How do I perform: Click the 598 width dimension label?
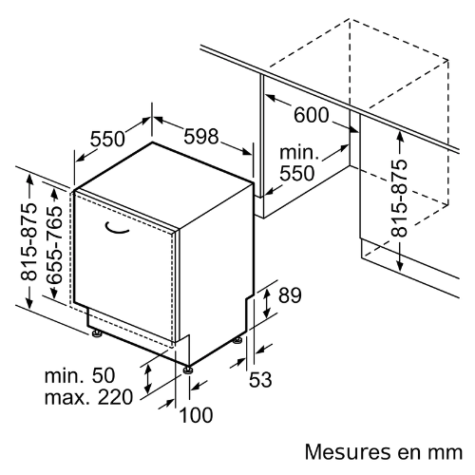coord(201,137)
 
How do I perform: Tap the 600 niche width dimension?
coord(312,115)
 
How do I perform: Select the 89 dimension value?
coord(290,295)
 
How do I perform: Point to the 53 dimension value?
coord(260,379)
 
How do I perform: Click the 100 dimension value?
coord(196,415)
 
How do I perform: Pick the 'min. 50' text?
coord(80,375)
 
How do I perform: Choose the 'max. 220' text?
coord(88,397)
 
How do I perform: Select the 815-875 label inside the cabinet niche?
coord(399,199)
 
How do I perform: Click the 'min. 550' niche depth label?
coord(297,163)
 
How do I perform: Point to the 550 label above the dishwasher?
coord(107,139)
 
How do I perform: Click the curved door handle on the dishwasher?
coord(117,229)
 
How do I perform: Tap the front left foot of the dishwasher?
coord(96,333)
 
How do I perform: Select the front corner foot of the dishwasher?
coord(188,370)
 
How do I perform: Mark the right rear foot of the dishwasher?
coord(237,340)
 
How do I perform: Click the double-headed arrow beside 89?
coord(267,303)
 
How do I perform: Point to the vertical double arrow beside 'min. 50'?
coord(147,378)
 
